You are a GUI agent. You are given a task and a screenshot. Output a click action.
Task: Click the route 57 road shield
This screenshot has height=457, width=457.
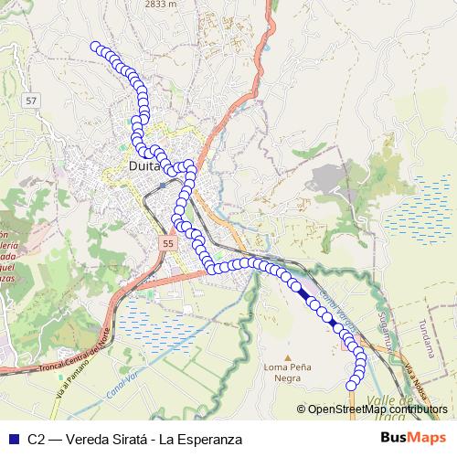[32, 99]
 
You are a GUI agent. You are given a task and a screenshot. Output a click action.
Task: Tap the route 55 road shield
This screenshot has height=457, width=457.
[166, 245]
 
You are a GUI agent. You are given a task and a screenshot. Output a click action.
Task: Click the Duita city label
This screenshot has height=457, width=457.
[144, 167]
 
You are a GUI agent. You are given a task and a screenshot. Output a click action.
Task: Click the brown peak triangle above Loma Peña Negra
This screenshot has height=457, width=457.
[287, 358]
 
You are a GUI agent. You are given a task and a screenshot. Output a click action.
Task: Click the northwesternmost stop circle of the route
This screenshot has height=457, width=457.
[95, 47]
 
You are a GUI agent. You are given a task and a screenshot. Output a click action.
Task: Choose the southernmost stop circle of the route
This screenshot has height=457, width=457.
[352, 387]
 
